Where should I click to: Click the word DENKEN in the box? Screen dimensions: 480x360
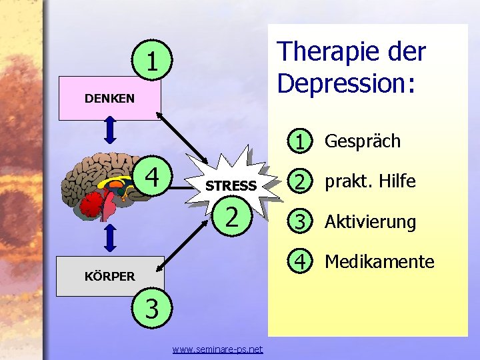[109, 99]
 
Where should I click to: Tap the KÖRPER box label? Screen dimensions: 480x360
[109, 275]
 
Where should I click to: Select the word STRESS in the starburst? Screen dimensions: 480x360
[231, 186]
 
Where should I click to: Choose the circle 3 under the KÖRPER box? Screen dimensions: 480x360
[152, 309]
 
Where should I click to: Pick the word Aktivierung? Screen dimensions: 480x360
[370, 222]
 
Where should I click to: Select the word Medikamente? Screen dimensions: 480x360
[379, 262]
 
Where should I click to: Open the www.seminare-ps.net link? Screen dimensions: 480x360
[217, 349]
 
